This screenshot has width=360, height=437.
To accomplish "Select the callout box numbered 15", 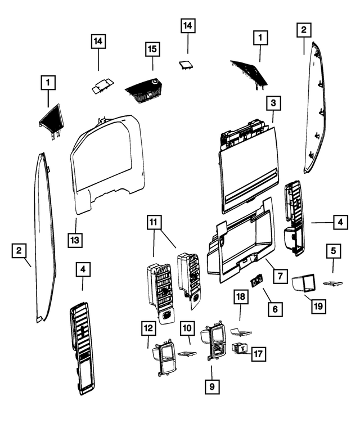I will [x=152, y=49].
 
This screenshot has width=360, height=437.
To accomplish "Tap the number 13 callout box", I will [x=75, y=240].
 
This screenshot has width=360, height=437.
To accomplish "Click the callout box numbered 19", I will [x=318, y=306].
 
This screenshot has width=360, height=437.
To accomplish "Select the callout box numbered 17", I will [x=259, y=354].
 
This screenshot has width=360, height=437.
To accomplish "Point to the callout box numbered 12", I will [x=148, y=328].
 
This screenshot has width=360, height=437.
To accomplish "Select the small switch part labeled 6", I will [x=258, y=280].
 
